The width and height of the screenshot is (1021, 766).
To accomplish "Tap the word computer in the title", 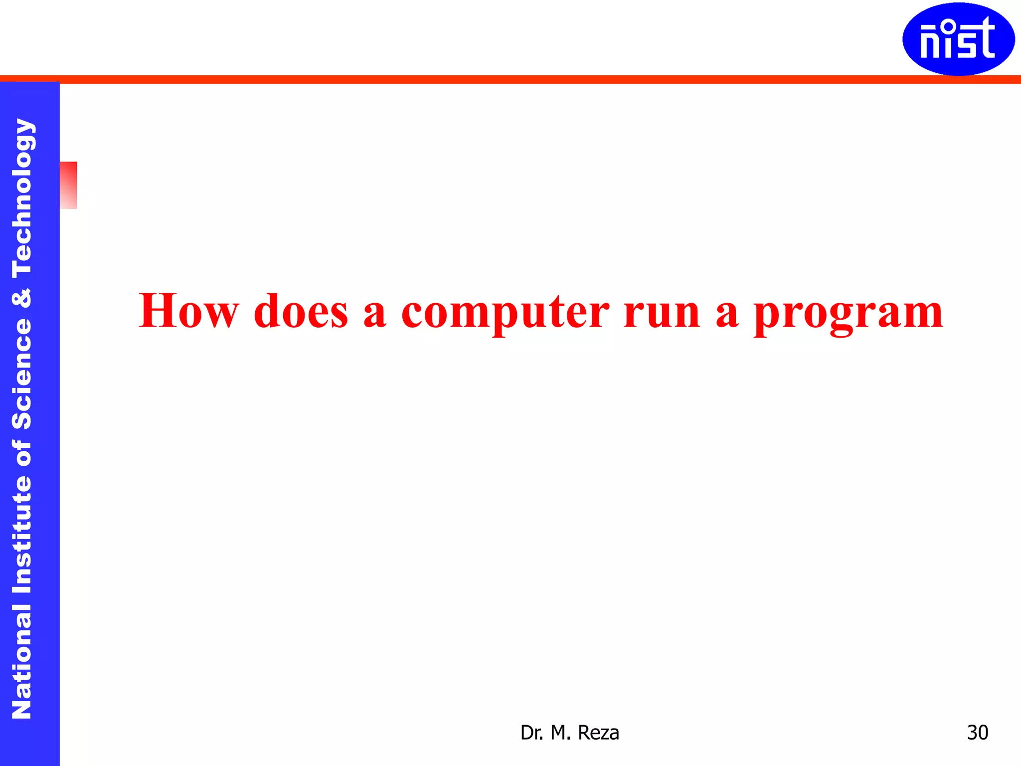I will (x=505, y=312).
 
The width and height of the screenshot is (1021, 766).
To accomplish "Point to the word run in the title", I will (x=662, y=312).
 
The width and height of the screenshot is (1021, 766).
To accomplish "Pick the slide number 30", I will (x=977, y=733).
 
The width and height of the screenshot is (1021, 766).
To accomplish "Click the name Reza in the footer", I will (x=598, y=733).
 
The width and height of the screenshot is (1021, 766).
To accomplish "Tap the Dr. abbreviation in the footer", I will (x=532, y=733).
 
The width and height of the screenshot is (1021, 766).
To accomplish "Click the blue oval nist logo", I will (x=958, y=39).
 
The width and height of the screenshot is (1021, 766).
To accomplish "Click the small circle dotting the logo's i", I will (x=949, y=25).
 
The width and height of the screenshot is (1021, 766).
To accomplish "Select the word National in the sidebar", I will (x=22, y=661).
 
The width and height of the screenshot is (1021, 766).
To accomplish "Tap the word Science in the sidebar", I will (x=22, y=374).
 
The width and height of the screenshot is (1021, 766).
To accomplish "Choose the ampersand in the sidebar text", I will (x=22, y=298).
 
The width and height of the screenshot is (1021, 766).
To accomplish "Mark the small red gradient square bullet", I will (x=68, y=185).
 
